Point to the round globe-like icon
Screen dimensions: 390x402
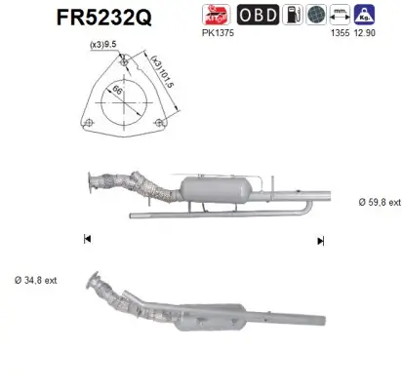click(x=318, y=14)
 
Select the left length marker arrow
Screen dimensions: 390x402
click(x=87, y=239)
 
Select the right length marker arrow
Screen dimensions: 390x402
click(x=319, y=240)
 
